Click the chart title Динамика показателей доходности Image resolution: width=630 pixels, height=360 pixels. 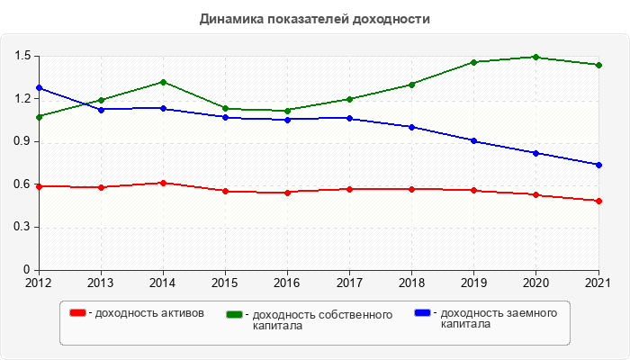(314, 18)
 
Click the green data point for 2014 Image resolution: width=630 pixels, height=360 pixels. (163, 82)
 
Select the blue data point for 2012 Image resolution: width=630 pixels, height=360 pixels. (39, 88)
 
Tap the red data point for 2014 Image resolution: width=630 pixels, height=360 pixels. (163, 183)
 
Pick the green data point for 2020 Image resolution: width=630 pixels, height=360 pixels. (536, 57)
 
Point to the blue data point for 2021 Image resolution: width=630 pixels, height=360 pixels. (598, 165)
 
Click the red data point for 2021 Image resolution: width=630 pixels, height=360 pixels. (598, 201)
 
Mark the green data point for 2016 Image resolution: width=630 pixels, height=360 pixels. (287, 111)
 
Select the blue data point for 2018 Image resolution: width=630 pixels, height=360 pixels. (412, 127)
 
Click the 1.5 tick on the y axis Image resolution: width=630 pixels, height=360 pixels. (22, 56)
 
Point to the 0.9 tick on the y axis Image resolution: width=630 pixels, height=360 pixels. (22, 141)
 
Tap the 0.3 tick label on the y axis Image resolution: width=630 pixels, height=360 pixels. (22, 227)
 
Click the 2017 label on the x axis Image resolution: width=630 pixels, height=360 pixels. (349, 283)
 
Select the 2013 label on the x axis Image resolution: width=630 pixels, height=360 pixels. (101, 283)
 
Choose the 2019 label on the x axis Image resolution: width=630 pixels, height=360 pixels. (474, 283)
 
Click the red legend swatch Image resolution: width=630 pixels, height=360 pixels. (78, 313)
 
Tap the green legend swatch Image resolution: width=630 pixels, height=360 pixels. (235, 314)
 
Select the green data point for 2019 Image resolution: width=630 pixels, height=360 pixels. (474, 62)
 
